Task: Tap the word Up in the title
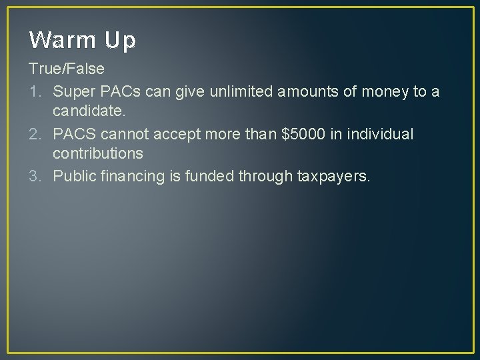pos(120,41)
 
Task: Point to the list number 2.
pos(34,134)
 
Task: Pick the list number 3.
pos(34,176)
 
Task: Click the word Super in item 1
pos(71,91)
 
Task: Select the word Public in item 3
pos(73,176)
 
